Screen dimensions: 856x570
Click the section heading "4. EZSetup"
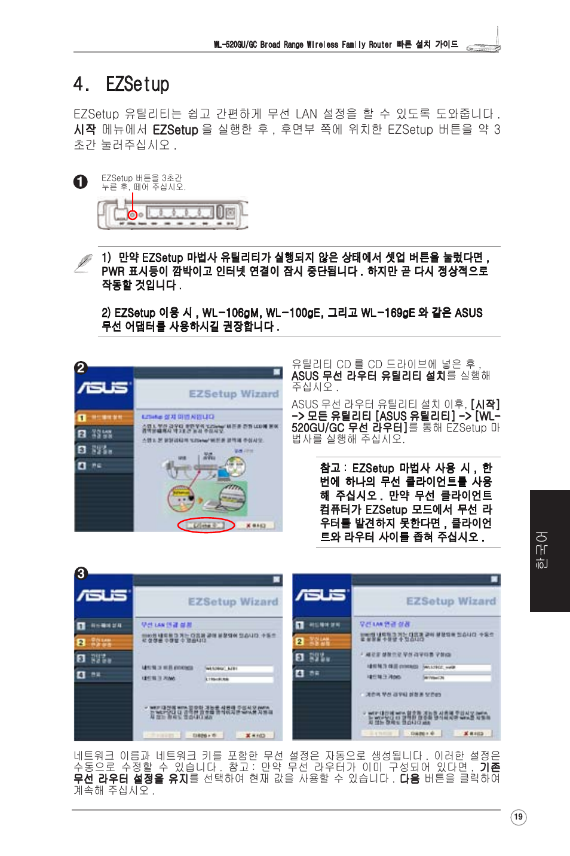pos(121,84)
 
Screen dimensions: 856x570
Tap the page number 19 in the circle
pos(518,817)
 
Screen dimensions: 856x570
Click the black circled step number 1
pos(81,182)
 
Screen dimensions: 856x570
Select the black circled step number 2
pos(81,368)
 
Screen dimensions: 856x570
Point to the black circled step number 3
pos(81,573)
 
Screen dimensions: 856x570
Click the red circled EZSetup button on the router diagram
pos(133,215)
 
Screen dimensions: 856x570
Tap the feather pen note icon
pos(83,263)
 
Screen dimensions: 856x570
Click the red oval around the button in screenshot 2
pos(206,525)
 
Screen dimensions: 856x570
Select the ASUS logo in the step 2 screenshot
pos(103,388)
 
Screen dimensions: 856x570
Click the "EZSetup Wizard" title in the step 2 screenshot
pos(234,394)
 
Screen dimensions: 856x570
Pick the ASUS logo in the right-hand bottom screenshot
pos(321,595)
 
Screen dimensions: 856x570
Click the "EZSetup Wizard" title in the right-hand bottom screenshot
pos(451,601)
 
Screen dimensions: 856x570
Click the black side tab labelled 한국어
pos(549,551)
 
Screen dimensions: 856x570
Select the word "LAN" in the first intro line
pos(306,114)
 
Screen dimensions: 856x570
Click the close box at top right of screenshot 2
pos(277,372)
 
